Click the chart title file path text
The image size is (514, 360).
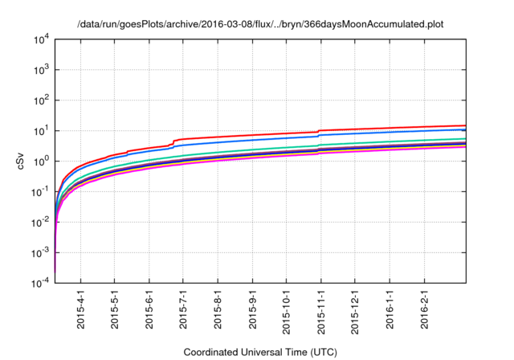260,25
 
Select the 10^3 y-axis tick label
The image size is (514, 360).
39,70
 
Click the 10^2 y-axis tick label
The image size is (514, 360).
39,100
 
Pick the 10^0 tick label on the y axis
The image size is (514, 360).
39,162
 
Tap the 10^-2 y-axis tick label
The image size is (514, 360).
38,223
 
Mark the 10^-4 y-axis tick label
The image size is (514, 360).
38,284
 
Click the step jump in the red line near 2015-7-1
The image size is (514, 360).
174,142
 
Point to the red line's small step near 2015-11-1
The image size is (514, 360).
319,131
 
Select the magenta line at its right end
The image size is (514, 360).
464,147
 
